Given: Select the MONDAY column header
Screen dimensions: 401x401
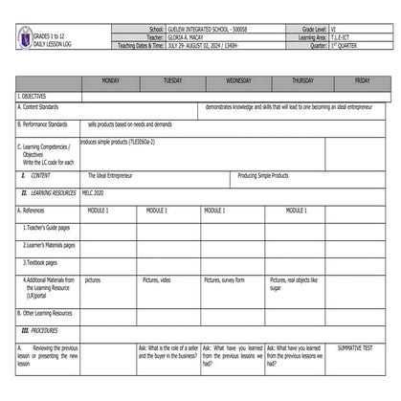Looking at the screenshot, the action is click(x=110, y=81).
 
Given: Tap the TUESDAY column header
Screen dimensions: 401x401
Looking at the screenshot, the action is click(x=172, y=81).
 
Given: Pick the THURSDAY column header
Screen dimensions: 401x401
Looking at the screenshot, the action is click(x=302, y=81).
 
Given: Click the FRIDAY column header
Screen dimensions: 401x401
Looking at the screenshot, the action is click(x=363, y=81).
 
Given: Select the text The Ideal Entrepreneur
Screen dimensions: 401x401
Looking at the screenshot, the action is click(x=110, y=176).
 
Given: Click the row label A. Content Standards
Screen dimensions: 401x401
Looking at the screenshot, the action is click(x=44, y=107).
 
